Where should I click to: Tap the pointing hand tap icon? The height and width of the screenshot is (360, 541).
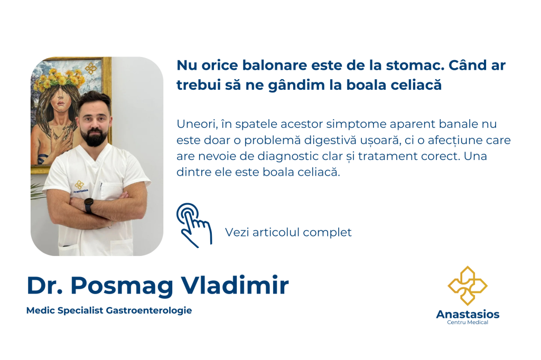194,225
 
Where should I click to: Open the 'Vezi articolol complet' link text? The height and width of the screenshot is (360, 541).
288,232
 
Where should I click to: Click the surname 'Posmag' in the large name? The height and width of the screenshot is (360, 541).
122,286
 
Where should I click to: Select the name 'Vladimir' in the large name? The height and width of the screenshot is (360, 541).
235,285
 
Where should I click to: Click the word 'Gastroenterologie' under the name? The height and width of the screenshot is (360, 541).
148,311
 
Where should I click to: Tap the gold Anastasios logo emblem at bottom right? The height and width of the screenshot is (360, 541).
468,286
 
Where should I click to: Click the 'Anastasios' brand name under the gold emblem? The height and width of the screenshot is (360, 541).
468,314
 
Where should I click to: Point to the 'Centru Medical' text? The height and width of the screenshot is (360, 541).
468,323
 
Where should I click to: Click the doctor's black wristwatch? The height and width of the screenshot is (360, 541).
89,205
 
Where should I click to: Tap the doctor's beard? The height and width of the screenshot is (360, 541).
94,137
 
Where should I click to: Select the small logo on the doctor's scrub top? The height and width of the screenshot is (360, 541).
80,186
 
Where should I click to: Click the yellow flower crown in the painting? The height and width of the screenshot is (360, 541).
59,79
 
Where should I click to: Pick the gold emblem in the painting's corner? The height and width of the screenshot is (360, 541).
91,69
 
